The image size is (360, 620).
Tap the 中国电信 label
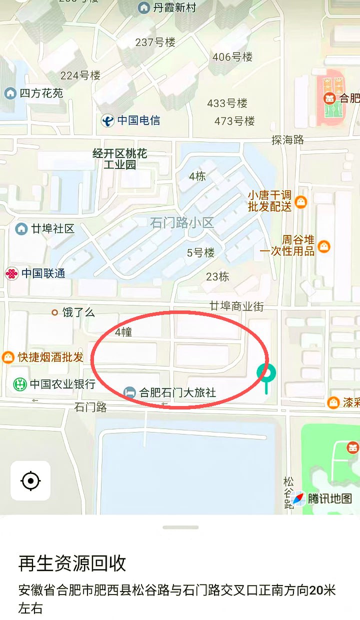coord(138,120)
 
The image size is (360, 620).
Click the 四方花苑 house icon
coord(10,93)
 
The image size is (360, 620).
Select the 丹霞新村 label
coord(174,7)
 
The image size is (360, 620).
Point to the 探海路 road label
coord(287,140)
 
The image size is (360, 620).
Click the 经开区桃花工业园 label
coord(120,158)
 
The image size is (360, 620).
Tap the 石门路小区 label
coord(182,223)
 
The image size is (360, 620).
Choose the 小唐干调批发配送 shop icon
coord(301,202)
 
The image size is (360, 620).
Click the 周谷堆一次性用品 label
coord(286,245)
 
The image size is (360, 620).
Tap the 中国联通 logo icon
coord(11,273)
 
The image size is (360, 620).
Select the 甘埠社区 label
coord(52,229)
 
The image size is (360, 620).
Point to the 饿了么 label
coord(78,312)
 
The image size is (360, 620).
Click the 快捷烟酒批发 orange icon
coord(8,357)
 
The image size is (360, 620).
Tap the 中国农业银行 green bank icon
coord(19,384)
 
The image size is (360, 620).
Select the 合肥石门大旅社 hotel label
coord(177,392)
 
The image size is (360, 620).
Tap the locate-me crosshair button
coord(30,480)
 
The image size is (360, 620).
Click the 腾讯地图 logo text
coord(329,498)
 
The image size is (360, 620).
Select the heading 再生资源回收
coord(72,563)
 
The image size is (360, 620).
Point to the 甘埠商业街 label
coord(236,306)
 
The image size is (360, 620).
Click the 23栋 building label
coord(217,276)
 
